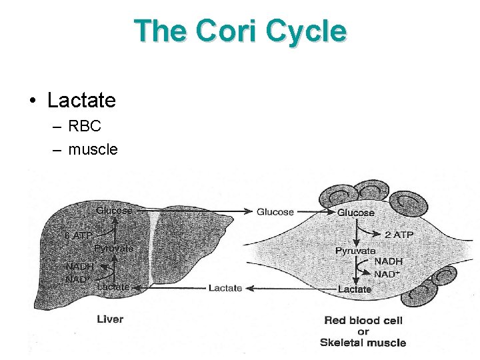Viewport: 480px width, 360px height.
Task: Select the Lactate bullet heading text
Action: click(81, 101)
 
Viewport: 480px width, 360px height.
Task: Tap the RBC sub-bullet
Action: click(85, 126)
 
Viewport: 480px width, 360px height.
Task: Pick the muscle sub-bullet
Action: click(93, 149)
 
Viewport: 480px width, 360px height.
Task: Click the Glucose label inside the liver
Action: click(114, 211)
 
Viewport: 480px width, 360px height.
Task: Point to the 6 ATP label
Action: click(78, 235)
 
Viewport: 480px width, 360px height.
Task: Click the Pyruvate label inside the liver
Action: click(113, 248)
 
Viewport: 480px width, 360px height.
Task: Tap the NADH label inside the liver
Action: click(79, 265)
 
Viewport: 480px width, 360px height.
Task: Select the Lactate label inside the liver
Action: click(113, 287)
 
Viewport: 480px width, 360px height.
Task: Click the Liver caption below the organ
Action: click(110, 319)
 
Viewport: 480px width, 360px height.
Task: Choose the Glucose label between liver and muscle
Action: click(275, 212)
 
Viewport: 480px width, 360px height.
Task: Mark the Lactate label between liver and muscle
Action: click(225, 288)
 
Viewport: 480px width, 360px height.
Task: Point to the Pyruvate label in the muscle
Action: click(355, 251)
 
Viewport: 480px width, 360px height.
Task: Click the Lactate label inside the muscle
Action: click(355, 289)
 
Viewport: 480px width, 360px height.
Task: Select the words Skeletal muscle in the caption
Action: click(363, 343)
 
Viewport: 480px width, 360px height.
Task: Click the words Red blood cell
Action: click(363, 321)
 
